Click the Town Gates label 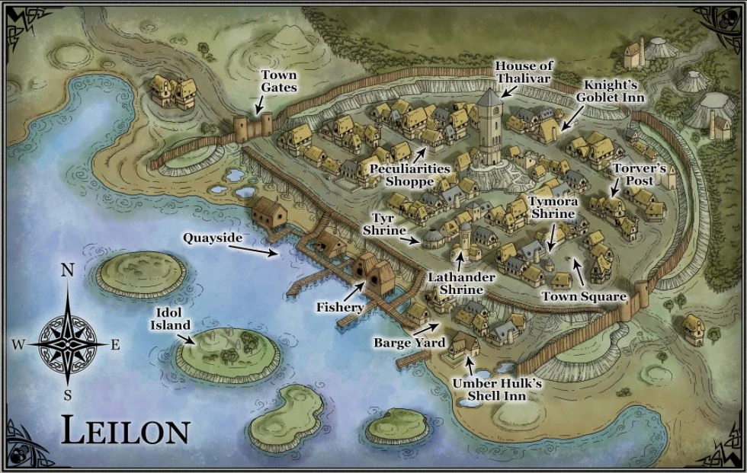tap(278, 81)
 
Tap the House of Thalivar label tap(524, 72)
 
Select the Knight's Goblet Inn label tap(611, 91)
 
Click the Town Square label tap(584, 296)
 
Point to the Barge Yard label tap(399, 343)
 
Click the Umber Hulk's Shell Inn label tap(496, 390)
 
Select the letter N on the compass tap(68, 271)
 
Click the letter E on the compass tap(116, 345)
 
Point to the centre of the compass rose tap(68, 344)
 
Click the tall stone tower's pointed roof tap(490, 97)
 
